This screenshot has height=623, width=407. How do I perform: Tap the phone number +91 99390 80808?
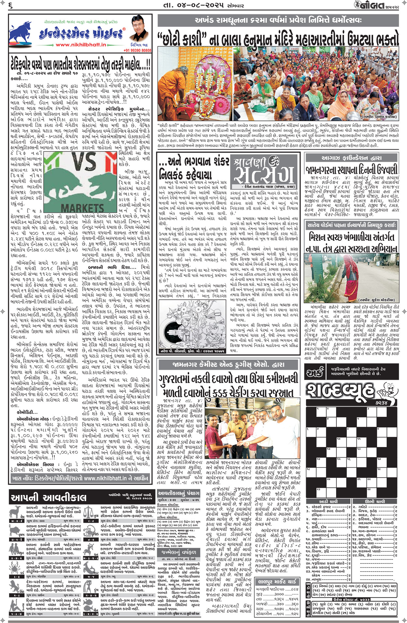tap(137, 50)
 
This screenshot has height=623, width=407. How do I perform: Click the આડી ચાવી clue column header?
tap(328, 501)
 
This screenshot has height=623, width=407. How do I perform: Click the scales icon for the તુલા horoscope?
tap(95, 512)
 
